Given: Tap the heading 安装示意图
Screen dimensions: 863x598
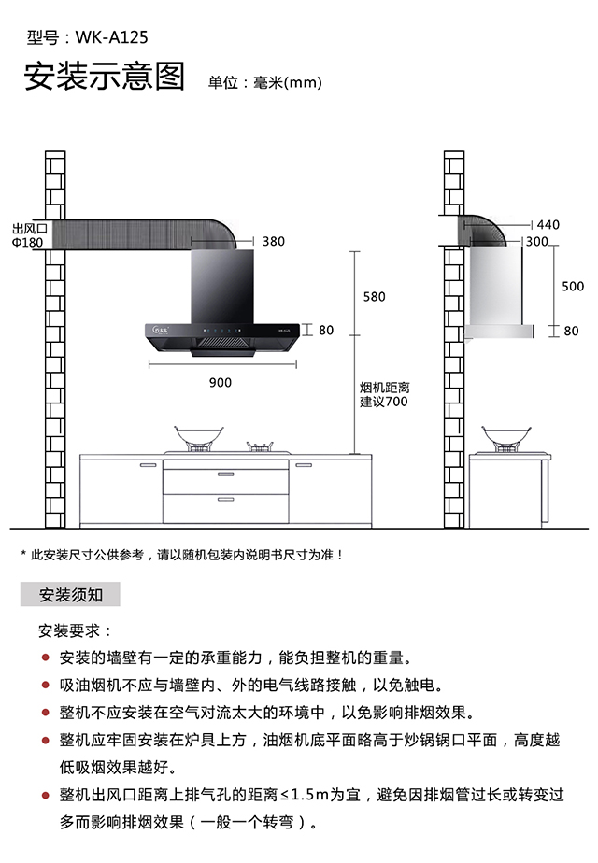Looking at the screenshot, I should click(x=104, y=78).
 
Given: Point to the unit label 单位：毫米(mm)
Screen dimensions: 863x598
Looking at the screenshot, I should click(x=264, y=82).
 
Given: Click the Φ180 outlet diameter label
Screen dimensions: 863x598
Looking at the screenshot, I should click(x=27, y=242).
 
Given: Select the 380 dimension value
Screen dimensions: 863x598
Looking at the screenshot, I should click(x=273, y=241).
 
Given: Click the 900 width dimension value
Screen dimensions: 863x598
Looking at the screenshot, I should click(x=220, y=382).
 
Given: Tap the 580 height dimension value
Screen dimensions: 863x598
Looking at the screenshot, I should click(x=373, y=297).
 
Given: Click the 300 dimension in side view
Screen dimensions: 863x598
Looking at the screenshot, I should click(x=536, y=241).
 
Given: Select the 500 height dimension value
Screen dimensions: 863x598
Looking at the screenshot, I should click(x=572, y=287).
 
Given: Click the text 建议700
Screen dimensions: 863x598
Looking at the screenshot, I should click(x=384, y=403).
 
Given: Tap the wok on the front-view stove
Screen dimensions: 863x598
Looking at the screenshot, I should click(x=198, y=436).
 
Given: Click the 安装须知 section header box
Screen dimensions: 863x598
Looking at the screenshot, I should click(x=70, y=594).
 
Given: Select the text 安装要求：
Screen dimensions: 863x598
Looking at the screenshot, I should click(x=75, y=631).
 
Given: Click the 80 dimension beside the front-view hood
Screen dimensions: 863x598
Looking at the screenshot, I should click(x=325, y=330).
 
